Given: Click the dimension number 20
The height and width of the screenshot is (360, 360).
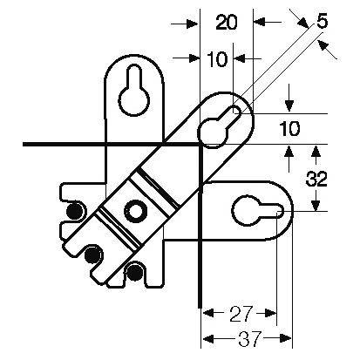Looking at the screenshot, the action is coord(227,23).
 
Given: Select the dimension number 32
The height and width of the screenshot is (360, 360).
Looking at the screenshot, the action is coord(316,179).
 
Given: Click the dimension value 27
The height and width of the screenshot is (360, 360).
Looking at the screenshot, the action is coord(241,314).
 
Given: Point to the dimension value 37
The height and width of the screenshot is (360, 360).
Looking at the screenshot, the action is coord(249,339).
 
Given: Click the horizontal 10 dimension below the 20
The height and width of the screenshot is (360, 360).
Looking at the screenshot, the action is coord(218,59).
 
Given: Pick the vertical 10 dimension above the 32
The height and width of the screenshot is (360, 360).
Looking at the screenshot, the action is coord(289,129).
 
